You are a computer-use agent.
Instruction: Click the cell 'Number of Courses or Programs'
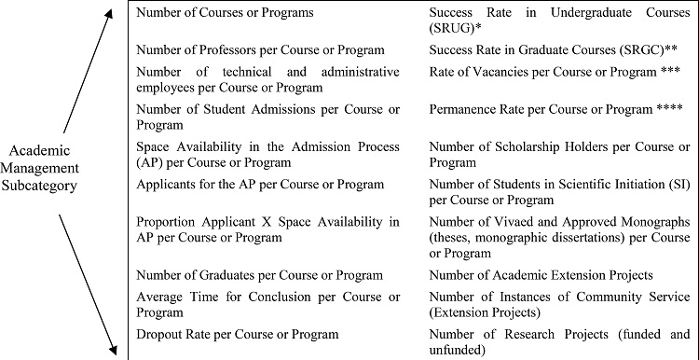[225, 14]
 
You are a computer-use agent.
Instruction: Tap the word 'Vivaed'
[518, 222]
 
